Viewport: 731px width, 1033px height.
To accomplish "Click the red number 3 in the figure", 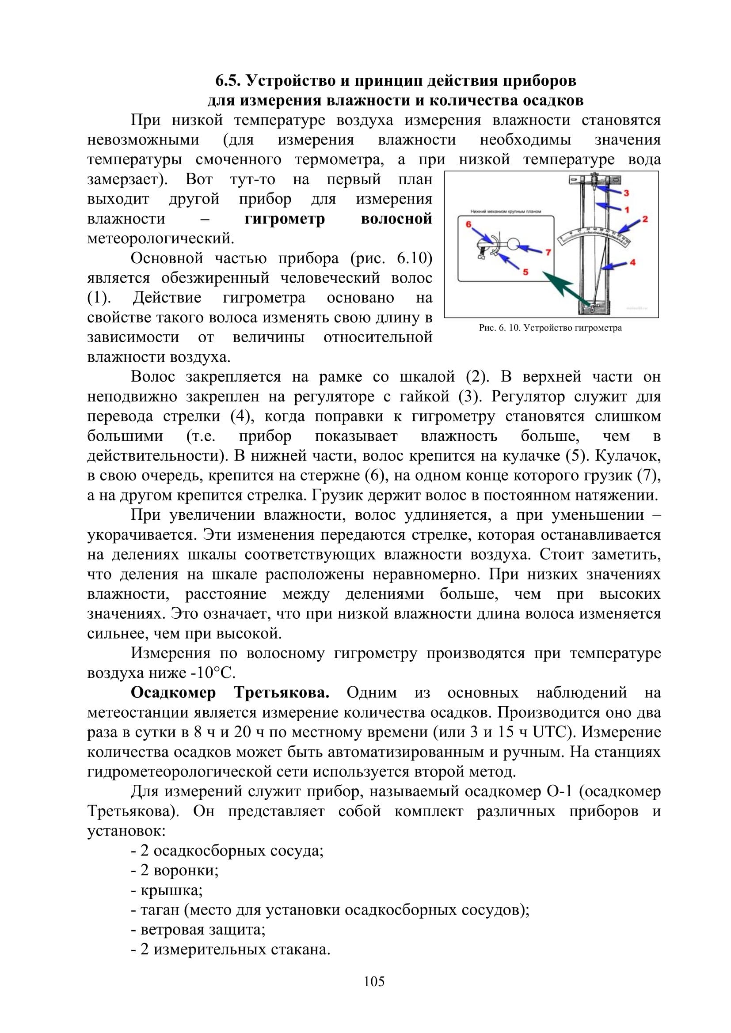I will click(x=626, y=193).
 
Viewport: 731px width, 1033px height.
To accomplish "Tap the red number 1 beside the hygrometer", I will click(x=627, y=209).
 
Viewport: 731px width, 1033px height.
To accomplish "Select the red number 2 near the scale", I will click(x=645, y=219).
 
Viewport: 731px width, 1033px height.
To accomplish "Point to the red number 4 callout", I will click(x=632, y=262).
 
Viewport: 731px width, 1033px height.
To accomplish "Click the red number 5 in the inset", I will click(x=525, y=272).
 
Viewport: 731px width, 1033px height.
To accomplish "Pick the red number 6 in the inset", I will click(x=468, y=224).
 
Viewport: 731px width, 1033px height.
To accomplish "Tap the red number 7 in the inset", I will click(x=548, y=253).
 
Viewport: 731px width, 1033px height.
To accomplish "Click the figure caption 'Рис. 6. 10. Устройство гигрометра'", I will click(x=550, y=328).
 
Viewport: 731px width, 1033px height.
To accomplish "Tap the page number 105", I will click(x=374, y=981).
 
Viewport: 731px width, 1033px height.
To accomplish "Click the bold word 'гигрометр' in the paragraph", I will click(x=285, y=219).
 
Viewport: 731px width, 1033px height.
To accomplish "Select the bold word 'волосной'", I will click(x=396, y=219).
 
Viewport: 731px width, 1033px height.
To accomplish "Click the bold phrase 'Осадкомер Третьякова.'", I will click(x=229, y=692).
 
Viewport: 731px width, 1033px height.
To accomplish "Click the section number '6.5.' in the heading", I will click(x=229, y=81).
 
